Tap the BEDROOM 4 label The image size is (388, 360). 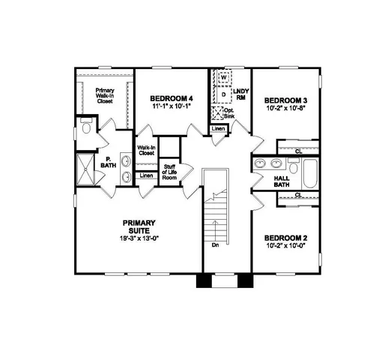click(x=171, y=97)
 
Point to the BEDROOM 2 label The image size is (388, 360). click(x=287, y=237)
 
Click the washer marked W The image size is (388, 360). click(x=223, y=77)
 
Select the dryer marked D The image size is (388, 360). click(x=223, y=94)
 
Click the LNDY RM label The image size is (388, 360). click(x=241, y=94)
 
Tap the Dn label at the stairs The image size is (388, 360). click(x=214, y=245)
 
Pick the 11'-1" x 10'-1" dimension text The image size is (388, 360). click(x=171, y=107)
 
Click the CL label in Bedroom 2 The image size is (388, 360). click(x=298, y=195)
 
